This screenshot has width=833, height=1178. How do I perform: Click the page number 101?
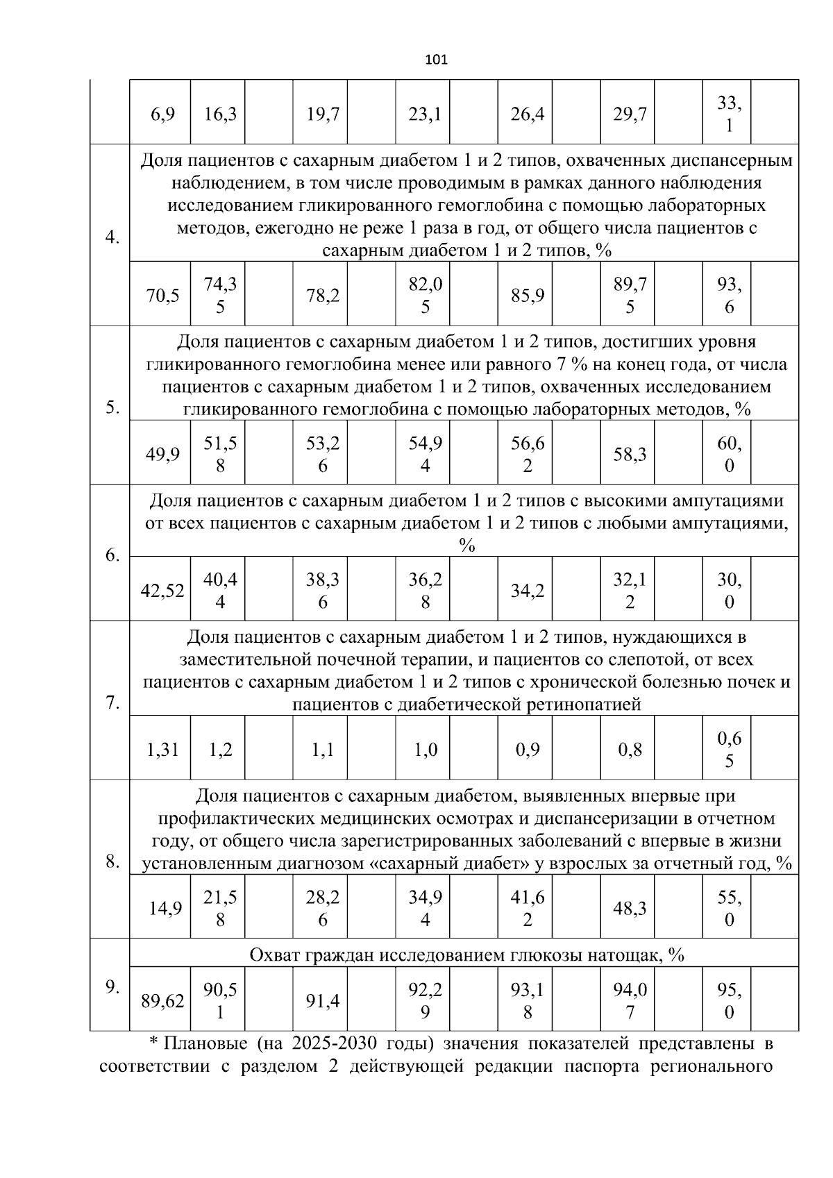(x=436, y=60)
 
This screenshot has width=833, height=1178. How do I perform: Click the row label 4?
(x=112, y=237)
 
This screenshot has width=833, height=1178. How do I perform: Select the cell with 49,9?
(x=162, y=455)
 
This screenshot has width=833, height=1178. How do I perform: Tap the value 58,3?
(x=630, y=455)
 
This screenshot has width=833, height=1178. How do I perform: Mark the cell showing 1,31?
(x=162, y=750)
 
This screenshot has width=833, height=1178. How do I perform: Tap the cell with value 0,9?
(x=528, y=750)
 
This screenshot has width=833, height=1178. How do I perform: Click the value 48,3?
(x=630, y=909)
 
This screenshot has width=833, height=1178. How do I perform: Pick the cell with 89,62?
(x=162, y=1001)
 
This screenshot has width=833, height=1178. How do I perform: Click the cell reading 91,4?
(x=323, y=1001)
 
